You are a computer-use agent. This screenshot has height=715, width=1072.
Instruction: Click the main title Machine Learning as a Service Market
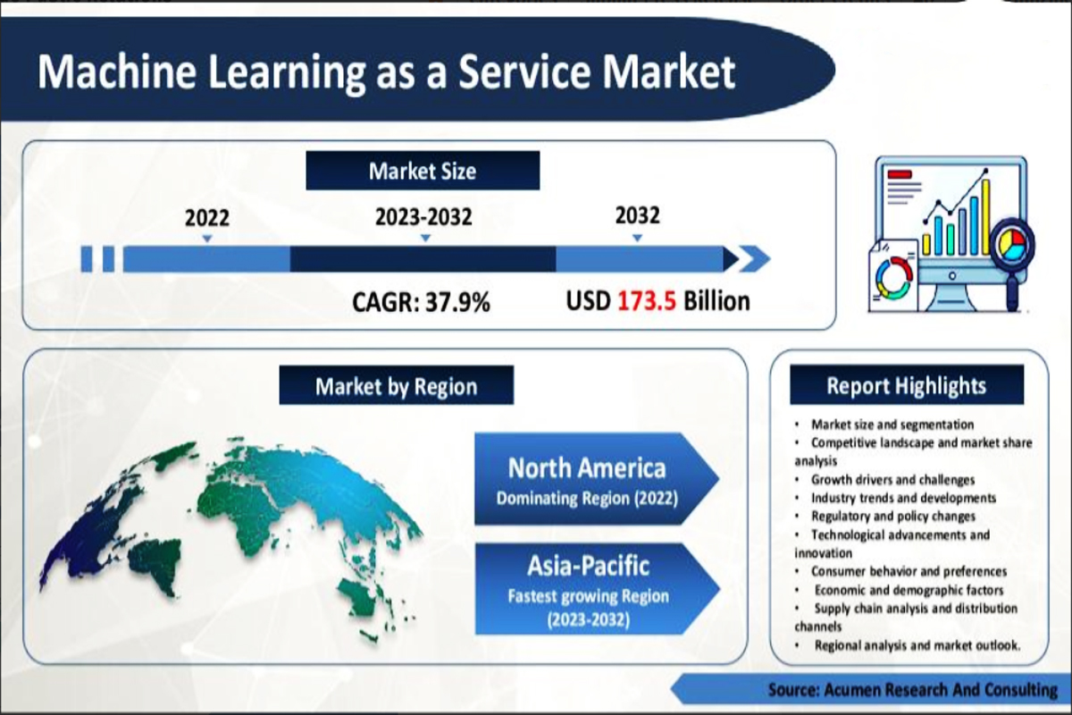coord(386,72)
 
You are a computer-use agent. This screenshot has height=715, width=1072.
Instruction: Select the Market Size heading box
coord(423,171)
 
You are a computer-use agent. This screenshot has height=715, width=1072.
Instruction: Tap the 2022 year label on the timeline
coord(207,217)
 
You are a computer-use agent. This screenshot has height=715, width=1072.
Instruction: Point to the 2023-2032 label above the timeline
coord(424,217)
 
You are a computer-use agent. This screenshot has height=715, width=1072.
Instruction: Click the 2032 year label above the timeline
coord(637,215)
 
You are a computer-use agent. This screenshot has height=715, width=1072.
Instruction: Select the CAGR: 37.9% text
coord(422,302)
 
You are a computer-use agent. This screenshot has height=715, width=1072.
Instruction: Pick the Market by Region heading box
coord(396,386)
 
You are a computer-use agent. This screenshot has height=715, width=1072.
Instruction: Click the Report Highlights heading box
coord(906,385)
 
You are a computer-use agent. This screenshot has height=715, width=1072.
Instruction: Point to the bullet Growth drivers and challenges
coord(892,480)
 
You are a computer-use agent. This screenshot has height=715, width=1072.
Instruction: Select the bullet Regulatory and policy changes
coord(892,517)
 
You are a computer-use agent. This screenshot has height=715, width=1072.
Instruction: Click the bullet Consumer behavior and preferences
coord(908,571)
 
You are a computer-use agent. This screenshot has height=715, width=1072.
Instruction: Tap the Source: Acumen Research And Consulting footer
coord(912,689)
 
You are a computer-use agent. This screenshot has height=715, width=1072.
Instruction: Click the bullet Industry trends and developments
coord(902,498)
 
